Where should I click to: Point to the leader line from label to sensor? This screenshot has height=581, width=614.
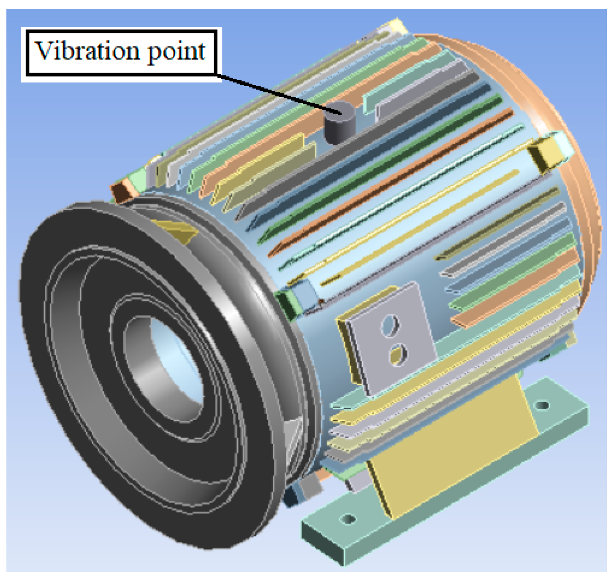pos(279,93)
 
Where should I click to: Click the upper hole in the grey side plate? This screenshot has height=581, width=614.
pos(389,325)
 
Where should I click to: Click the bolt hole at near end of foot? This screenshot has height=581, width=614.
pos(348,519)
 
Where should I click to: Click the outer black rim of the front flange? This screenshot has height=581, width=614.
pos(46,359)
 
